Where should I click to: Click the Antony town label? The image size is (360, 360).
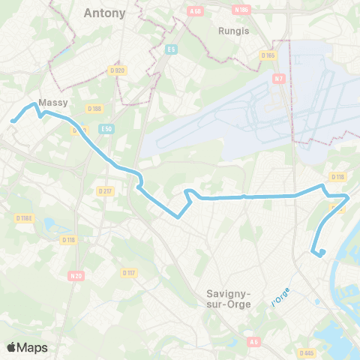105,13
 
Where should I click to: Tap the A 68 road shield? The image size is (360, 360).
196,10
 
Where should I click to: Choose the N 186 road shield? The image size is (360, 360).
241,10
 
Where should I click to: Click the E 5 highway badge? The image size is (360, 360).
171,49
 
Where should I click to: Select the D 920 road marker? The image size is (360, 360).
116,69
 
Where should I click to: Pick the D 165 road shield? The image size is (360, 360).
268,55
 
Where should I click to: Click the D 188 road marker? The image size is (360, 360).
94,109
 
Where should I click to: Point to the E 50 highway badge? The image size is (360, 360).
107,128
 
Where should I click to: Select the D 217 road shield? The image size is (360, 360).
104,191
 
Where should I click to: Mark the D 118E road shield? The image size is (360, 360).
25,217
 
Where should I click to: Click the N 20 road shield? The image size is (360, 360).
75,275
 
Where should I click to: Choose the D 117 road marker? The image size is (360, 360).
128,272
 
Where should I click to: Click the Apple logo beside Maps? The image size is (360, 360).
12,347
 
